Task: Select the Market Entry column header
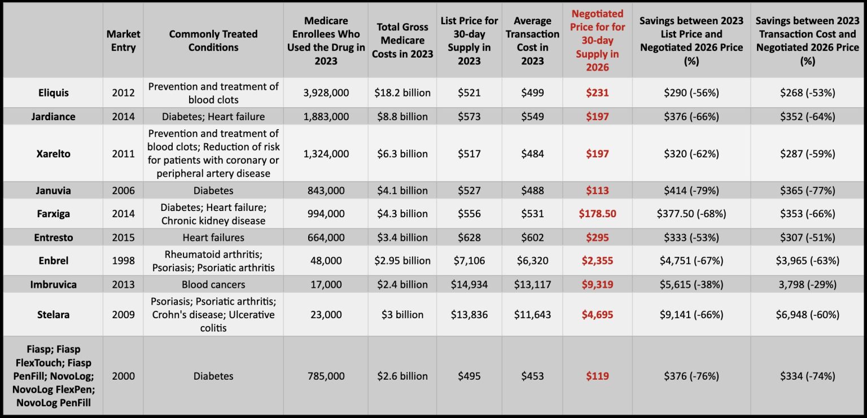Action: (123, 41)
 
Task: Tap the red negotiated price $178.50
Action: (597, 214)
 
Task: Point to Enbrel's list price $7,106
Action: (469, 261)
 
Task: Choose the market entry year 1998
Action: (123, 261)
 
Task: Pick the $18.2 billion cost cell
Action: (402, 93)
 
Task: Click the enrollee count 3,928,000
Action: (326, 93)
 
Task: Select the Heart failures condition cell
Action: (213, 237)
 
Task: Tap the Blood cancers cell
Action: (213, 284)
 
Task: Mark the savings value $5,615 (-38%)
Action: (691, 284)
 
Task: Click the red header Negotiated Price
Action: (597, 41)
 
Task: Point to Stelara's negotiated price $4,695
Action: (597, 314)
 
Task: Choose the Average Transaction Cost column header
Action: (532, 41)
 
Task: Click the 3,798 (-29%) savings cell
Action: (808, 284)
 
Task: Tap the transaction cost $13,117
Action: (532, 284)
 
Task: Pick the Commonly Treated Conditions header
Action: (213, 41)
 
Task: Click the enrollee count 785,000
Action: (326, 376)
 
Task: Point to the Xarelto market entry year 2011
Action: (123, 153)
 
